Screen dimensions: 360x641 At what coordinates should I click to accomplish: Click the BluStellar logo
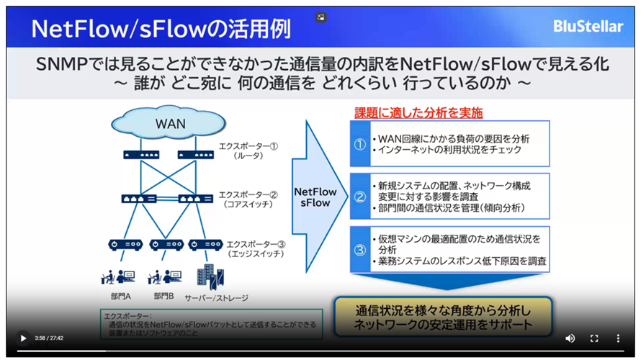coord(588,27)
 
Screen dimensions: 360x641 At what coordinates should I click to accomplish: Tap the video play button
coord(23,338)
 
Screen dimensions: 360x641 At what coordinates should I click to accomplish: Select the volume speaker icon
coord(570,338)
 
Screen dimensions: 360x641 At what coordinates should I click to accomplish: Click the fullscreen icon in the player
coord(594,338)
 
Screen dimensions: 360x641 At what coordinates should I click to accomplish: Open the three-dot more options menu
coord(618,338)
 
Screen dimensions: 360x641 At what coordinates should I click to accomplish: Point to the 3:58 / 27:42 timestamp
coord(49,338)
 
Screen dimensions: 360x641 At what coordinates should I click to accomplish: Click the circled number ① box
coord(360,143)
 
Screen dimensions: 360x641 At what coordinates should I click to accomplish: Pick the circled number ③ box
coord(360,248)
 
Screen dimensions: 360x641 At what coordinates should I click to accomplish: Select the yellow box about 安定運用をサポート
coord(443,317)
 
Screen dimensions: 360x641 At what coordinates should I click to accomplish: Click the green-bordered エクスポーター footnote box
coord(211,324)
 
